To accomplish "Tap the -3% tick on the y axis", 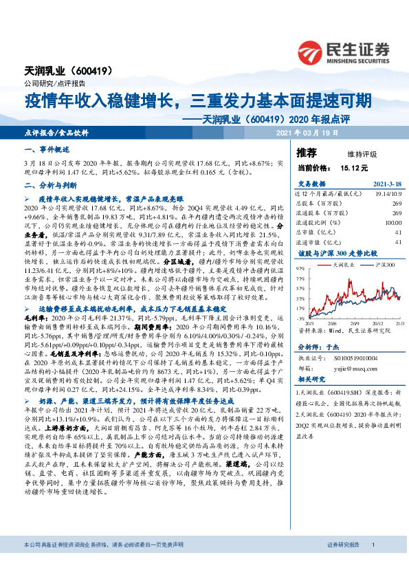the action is click(300, 318).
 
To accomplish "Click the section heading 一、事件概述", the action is click(47, 149).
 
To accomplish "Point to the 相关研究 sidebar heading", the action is click(313, 380).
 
